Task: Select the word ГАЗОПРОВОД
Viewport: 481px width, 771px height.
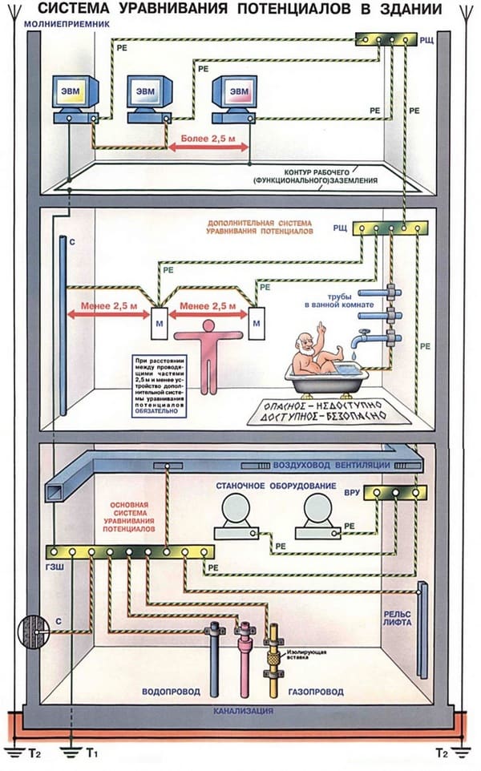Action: click(x=315, y=692)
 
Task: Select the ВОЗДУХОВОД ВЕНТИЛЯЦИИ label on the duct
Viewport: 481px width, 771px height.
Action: click(x=332, y=466)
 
